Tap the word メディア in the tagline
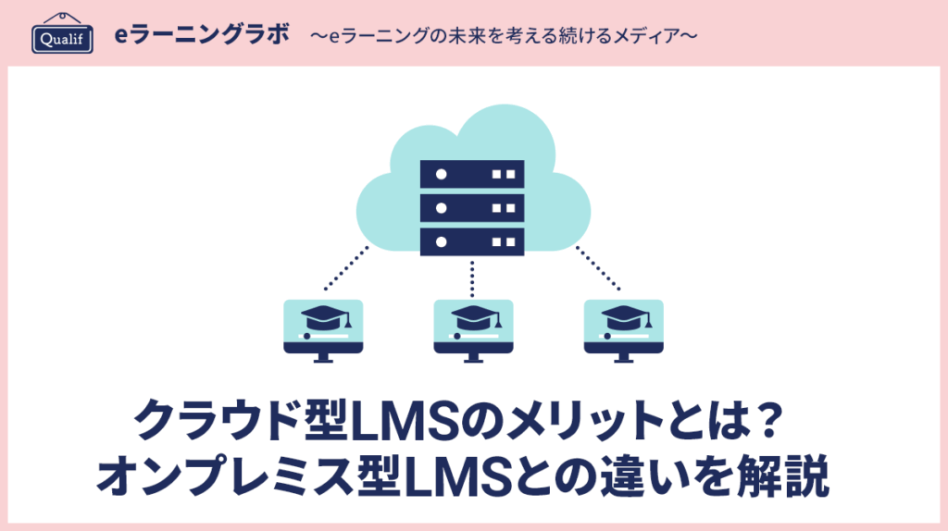[x=649, y=36]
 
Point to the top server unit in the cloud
[x=472, y=173]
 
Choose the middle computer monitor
[x=473, y=324]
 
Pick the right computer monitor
[x=623, y=324]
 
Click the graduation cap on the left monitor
[x=323, y=318]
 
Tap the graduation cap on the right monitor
[x=623, y=318]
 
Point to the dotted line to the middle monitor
[x=473, y=275]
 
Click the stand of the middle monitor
[x=473, y=360]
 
